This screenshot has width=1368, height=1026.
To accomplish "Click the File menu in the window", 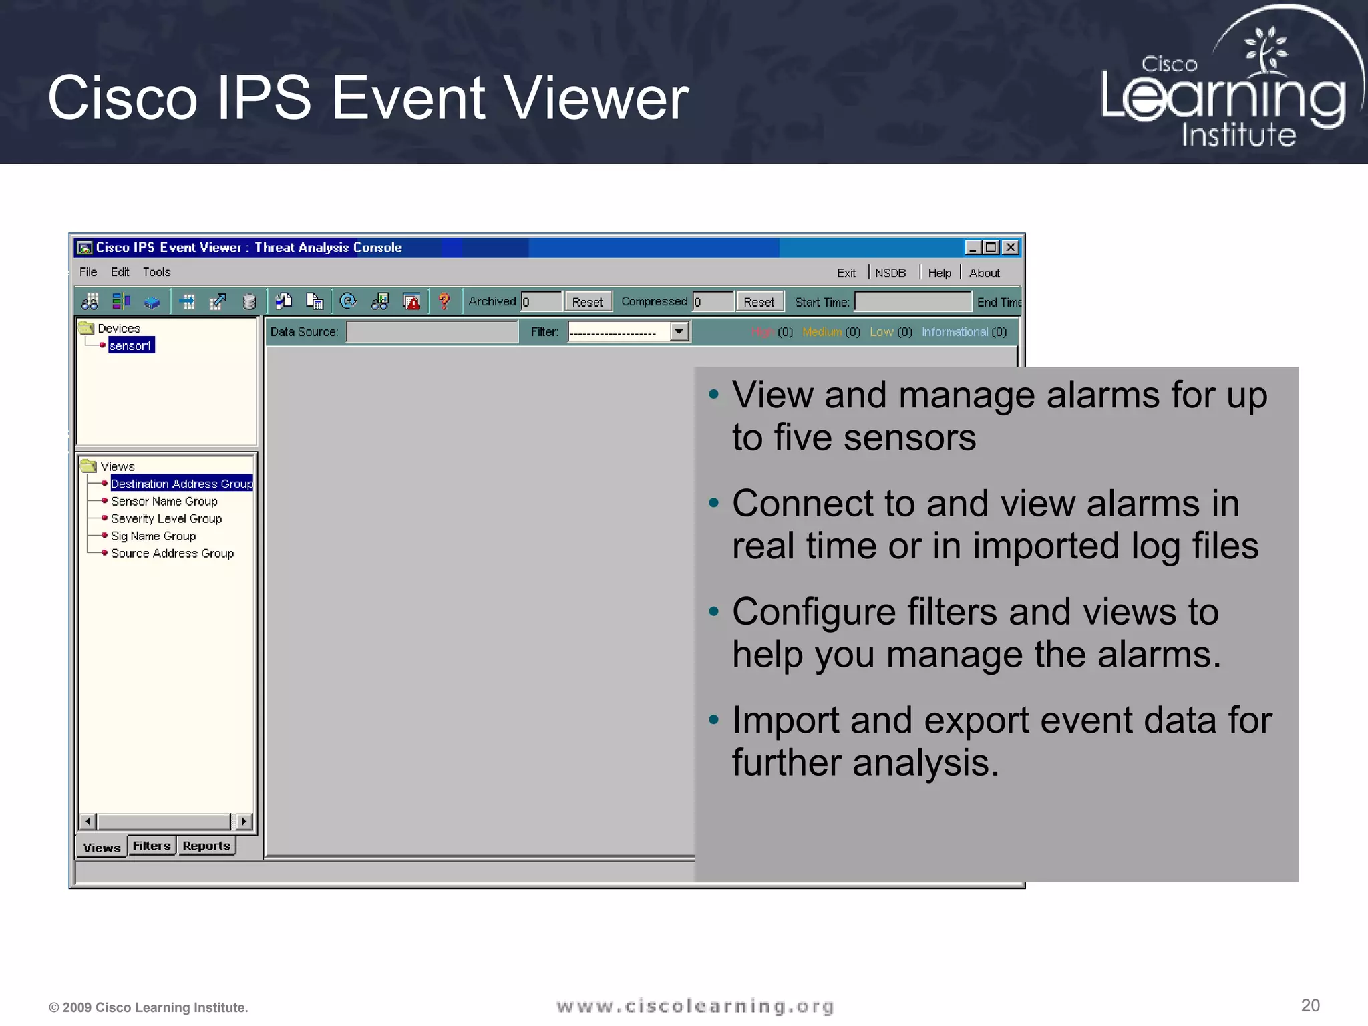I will (88, 272).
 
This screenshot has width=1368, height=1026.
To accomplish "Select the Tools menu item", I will (156, 272).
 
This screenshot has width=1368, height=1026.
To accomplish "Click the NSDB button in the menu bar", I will (890, 273).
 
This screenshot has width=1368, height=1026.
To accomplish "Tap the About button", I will (984, 273).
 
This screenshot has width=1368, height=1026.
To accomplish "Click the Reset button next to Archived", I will (587, 302).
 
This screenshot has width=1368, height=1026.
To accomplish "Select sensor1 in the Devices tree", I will (131, 345).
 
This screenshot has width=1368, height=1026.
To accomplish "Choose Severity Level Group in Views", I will (166, 518).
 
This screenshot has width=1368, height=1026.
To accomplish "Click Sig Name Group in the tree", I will (153, 536).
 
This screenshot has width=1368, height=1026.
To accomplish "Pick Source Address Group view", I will (172, 553).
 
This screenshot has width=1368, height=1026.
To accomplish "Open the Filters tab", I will (152, 846).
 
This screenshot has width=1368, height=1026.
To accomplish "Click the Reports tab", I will (206, 846).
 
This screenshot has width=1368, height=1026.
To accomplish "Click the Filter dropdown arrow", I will (679, 331).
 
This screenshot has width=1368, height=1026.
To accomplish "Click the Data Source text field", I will (432, 331).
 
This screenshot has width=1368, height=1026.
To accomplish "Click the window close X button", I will (1011, 248).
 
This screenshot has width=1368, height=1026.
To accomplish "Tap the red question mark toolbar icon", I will (444, 302).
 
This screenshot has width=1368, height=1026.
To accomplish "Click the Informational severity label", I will (955, 332).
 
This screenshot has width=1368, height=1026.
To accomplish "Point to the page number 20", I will (1310, 1005).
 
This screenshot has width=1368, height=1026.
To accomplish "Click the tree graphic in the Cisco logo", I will (1264, 50).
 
